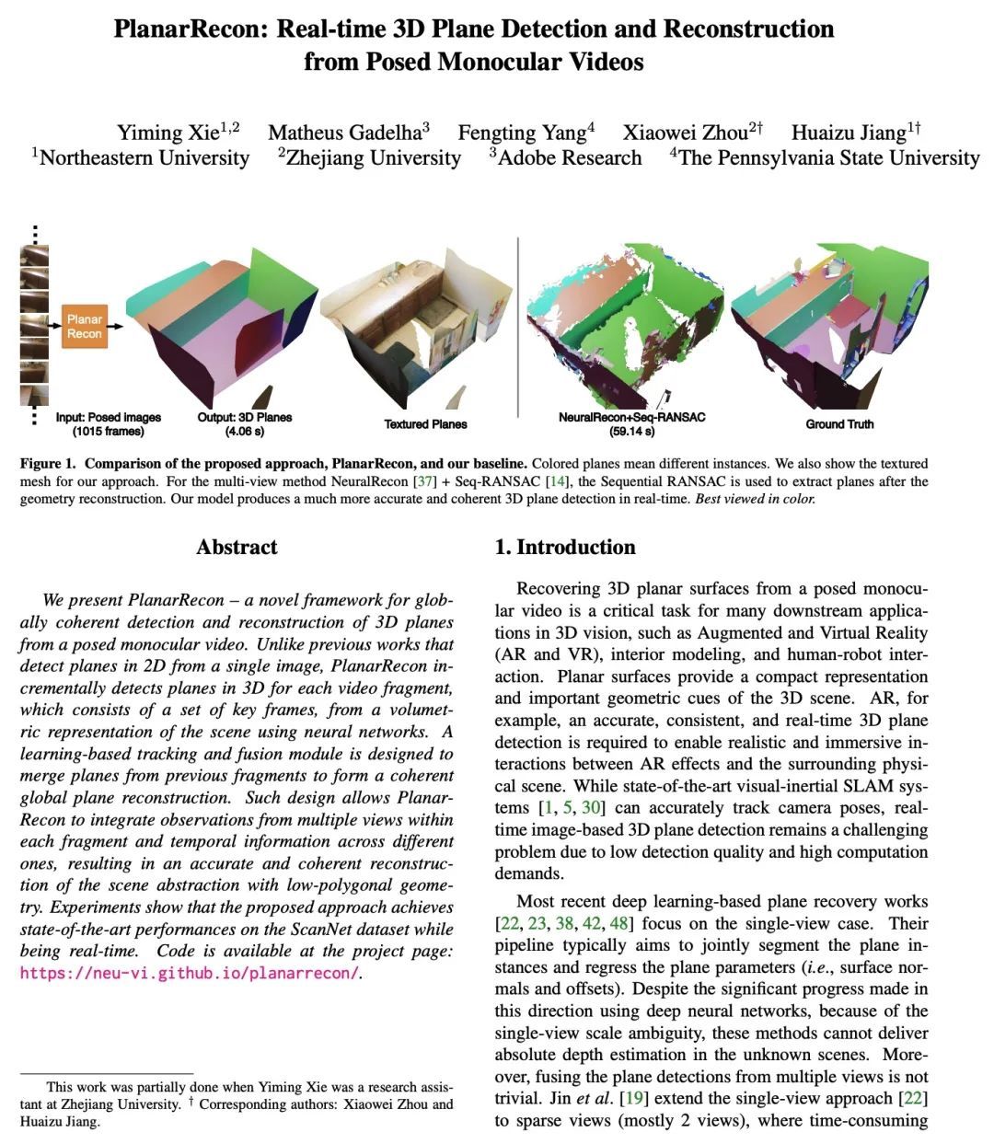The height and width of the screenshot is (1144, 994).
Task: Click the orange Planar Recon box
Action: click(84, 326)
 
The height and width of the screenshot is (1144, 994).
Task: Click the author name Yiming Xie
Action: click(168, 133)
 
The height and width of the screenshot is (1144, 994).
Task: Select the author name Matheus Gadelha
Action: click(342, 133)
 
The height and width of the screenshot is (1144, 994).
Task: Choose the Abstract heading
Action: click(237, 547)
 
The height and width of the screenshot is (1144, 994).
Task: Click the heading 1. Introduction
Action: click(565, 547)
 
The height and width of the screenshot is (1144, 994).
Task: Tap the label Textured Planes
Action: click(425, 424)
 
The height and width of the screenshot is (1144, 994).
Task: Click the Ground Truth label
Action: click(839, 424)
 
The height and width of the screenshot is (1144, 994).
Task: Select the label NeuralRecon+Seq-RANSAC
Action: click(631, 417)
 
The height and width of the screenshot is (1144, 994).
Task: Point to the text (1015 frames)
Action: click(109, 431)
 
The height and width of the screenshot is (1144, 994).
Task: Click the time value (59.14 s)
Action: click(631, 431)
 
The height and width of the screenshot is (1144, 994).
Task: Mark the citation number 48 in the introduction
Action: click(620, 923)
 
